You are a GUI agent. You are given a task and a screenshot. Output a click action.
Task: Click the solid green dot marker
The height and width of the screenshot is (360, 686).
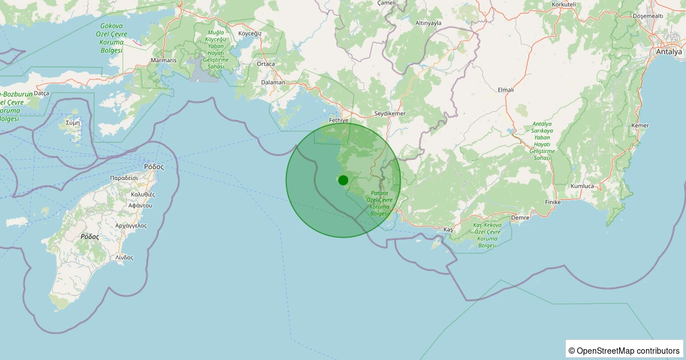(x=343, y=180)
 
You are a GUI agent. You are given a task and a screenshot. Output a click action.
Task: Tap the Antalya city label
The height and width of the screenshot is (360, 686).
(x=669, y=51)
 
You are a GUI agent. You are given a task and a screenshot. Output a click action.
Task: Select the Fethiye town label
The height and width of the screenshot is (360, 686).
(x=339, y=121)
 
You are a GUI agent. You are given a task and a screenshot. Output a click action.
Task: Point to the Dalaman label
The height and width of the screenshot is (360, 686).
(x=273, y=82)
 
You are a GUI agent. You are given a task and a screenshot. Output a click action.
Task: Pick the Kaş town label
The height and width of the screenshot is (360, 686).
(x=448, y=229)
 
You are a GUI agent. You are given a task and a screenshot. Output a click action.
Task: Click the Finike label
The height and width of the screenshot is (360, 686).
(x=553, y=202)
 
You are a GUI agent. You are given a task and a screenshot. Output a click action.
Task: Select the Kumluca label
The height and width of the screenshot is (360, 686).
(x=583, y=186)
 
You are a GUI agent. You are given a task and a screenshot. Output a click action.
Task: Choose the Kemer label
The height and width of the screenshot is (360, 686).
(x=640, y=125)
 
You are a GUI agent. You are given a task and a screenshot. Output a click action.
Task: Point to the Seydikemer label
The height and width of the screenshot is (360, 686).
(x=389, y=114)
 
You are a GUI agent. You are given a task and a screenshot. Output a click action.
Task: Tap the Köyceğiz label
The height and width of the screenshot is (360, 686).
(x=249, y=33)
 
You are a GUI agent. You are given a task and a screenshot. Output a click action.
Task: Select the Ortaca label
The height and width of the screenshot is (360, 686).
(x=266, y=64)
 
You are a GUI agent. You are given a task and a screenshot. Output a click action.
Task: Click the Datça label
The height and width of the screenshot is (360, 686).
(x=42, y=93)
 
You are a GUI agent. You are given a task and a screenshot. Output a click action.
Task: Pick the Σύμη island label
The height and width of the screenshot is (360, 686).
(x=73, y=122)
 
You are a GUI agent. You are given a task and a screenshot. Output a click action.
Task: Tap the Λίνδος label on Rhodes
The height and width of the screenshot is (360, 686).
(x=124, y=257)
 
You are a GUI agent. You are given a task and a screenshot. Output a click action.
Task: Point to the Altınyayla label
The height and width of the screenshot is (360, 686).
(x=428, y=23)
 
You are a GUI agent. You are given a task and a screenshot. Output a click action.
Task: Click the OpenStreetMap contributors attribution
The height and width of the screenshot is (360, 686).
(x=625, y=350)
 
